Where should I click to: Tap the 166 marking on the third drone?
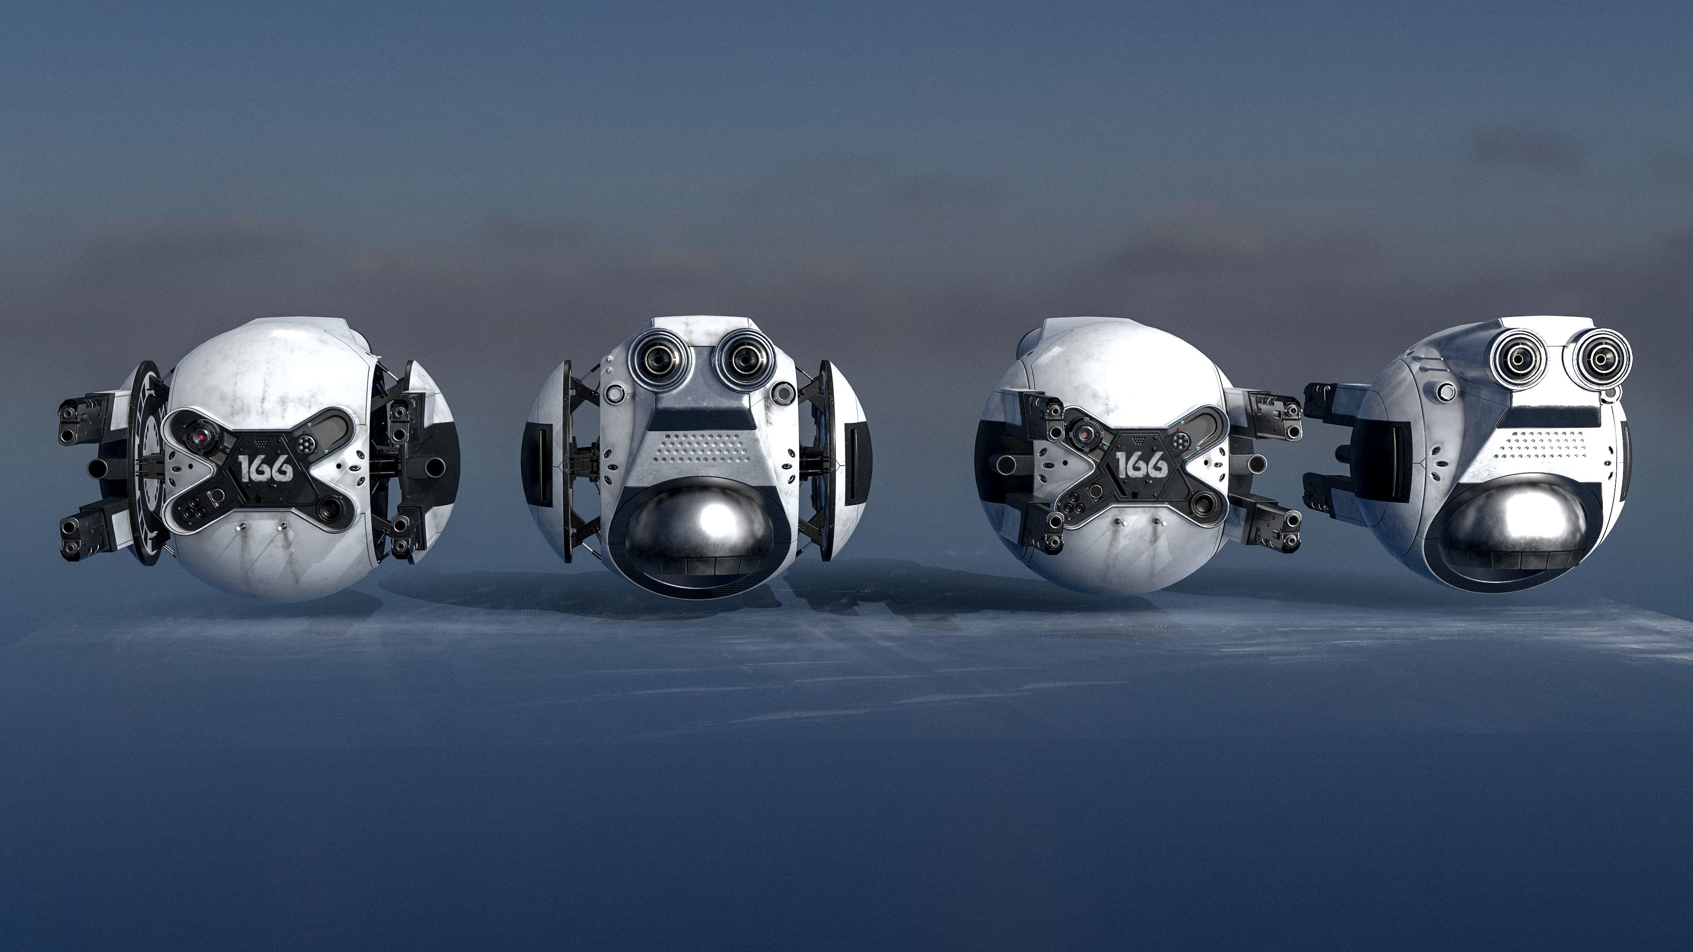tap(1142, 465)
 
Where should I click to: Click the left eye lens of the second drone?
tap(655, 359)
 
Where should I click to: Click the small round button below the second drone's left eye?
tap(615, 394)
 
